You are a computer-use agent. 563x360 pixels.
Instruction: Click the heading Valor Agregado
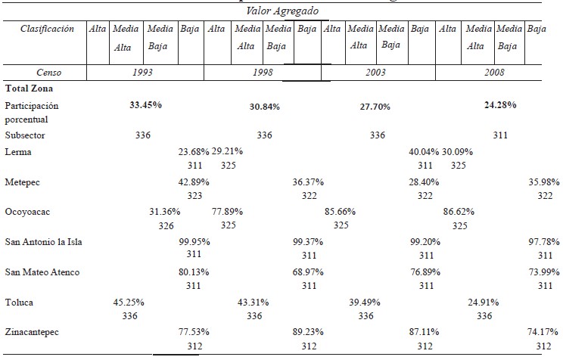point(282,11)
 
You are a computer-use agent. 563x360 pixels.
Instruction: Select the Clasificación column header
point(47,29)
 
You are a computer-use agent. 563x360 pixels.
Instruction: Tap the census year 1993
point(145,73)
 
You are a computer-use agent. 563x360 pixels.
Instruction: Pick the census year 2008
point(496,73)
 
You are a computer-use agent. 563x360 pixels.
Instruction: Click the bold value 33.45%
point(147,105)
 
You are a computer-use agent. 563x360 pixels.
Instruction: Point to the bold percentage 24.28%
point(499,105)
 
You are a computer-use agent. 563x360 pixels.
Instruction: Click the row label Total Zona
point(27,88)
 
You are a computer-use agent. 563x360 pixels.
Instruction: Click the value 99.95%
point(194,241)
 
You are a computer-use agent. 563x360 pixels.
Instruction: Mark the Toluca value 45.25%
point(129,302)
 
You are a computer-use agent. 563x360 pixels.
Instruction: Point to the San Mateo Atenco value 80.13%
point(194,272)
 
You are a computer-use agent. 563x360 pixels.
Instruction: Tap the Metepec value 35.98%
point(544,182)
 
